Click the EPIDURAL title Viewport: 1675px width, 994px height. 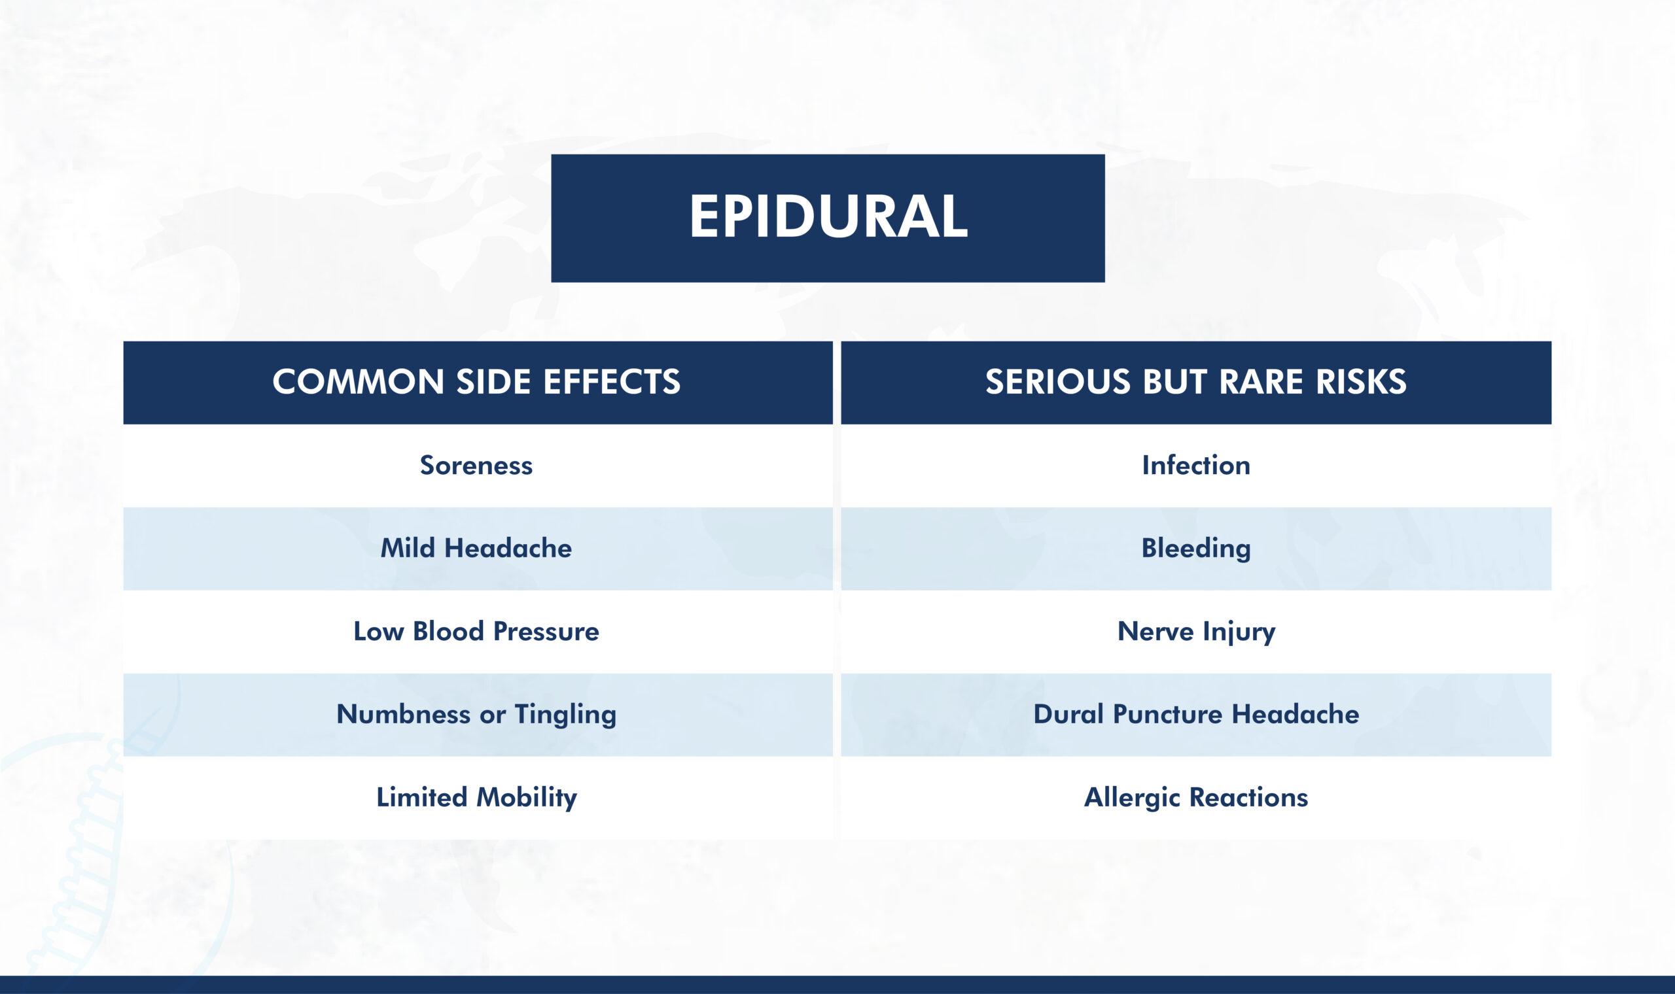pos(828,218)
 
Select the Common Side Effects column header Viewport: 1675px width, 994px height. pos(476,382)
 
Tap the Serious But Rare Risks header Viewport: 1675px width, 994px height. pos(1196,382)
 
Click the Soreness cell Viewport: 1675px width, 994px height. pos(476,466)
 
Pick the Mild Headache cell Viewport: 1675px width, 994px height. pos(476,549)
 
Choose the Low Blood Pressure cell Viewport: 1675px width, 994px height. pos(476,632)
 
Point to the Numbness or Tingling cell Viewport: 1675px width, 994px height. pos(476,715)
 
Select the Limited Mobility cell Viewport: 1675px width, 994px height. pos(476,798)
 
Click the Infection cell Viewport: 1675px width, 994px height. pos(1196,466)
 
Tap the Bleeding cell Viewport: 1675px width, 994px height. pos(1196,549)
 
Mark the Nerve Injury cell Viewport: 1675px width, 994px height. pos(1196,632)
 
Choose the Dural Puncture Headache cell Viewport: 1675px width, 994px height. pos(1196,715)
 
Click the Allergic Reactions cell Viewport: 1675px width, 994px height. pos(1196,798)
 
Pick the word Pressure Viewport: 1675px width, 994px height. pos(546,632)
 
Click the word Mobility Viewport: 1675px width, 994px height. pos(527,798)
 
